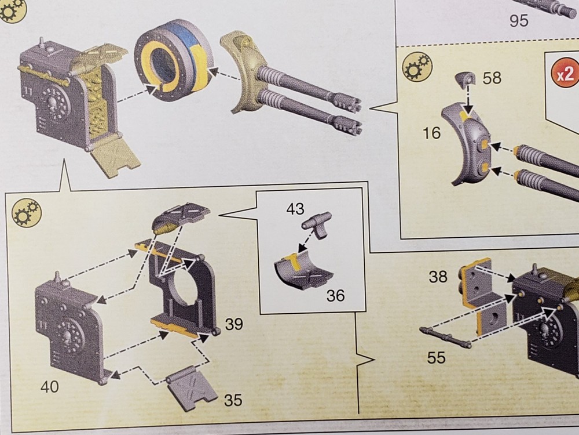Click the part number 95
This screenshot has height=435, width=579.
[x=519, y=21]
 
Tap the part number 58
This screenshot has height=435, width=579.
[x=492, y=77]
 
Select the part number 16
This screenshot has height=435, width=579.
[x=431, y=133]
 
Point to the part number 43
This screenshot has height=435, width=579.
[x=295, y=210]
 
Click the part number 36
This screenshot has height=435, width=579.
[x=335, y=295]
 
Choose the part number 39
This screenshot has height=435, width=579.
[x=234, y=324]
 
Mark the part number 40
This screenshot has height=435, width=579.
[x=50, y=386]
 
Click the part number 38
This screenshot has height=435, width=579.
[x=438, y=277]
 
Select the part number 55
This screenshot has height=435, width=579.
[x=436, y=358]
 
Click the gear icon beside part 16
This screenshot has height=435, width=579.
[x=416, y=66]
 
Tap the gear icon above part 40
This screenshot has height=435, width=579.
[x=27, y=211]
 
